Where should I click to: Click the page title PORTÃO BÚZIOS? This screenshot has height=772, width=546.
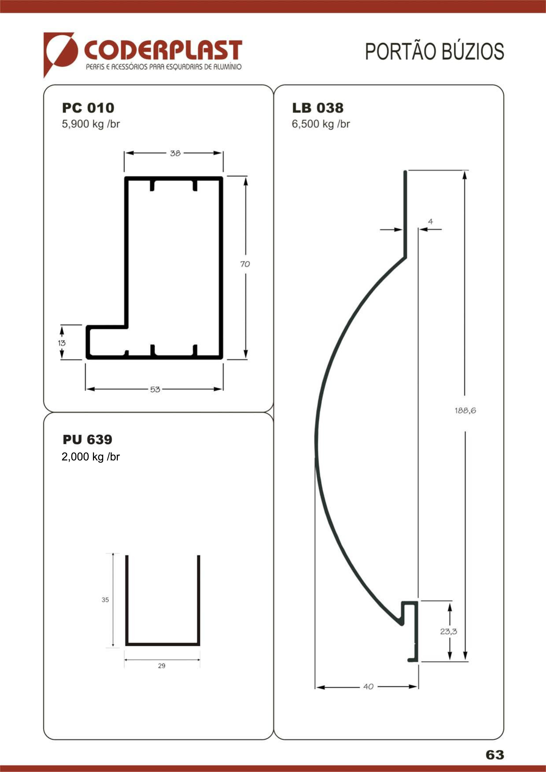[435, 52]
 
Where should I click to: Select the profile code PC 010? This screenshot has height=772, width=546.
[88, 108]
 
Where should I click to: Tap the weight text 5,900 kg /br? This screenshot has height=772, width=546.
[91, 124]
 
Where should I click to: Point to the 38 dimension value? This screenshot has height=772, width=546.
[175, 153]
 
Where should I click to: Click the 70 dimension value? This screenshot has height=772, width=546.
[245, 264]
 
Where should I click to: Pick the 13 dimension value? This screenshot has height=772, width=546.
[62, 343]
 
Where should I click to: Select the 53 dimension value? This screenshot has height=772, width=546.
[155, 389]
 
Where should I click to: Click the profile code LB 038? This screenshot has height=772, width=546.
[318, 108]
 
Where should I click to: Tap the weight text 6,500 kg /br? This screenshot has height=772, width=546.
[321, 124]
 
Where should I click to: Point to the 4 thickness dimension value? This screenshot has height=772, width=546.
[431, 222]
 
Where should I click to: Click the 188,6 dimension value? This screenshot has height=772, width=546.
[465, 410]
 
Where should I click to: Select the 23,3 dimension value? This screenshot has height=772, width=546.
[449, 632]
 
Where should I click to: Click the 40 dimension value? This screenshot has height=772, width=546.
[368, 686]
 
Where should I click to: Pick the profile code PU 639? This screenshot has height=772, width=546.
[87, 439]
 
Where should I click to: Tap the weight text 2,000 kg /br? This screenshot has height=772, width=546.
[91, 457]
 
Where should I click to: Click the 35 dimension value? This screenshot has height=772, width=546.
[105, 600]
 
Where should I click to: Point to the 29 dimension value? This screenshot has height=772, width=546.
[162, 665]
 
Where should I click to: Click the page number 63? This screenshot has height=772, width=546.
[495, 755]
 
